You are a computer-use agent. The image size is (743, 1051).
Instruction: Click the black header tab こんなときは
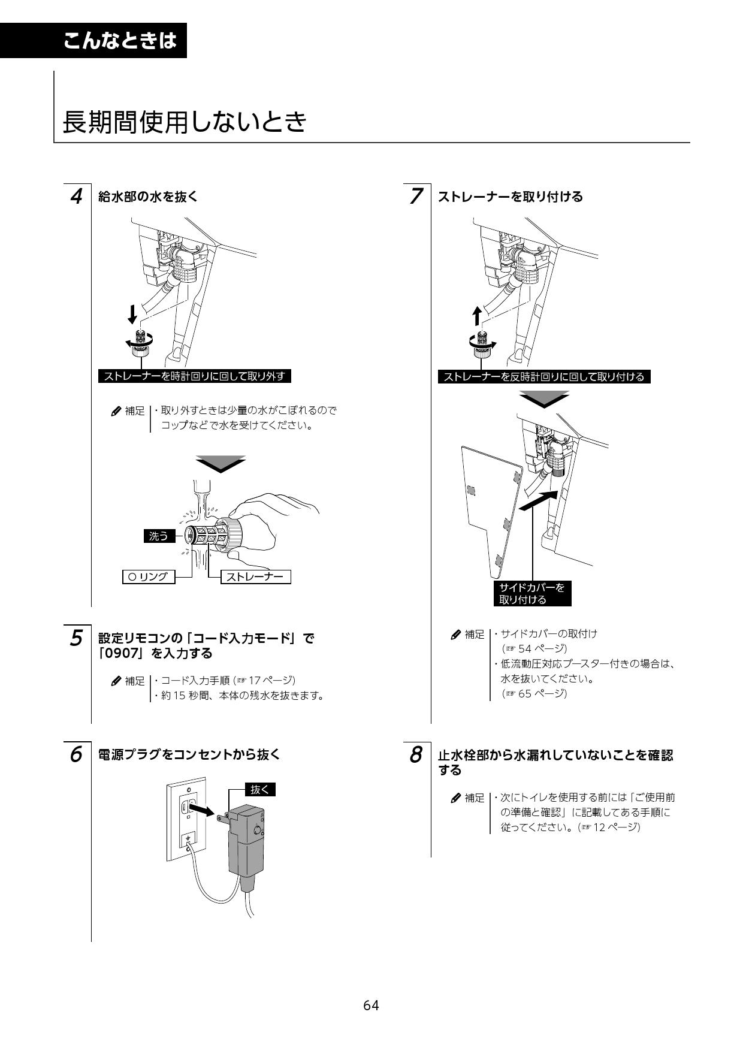click(x=120, y=41)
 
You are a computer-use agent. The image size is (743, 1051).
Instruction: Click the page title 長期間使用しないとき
click(x=185, y=122)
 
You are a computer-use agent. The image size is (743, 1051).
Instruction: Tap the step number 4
click(x=76, y=197)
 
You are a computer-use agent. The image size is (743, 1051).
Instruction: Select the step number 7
click(x=416, y=197)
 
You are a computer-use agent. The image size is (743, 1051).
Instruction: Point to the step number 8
click(x=416, y=755)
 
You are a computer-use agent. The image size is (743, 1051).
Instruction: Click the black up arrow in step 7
click(x=477, y=315)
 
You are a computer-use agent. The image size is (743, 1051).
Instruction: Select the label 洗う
click(x=159, y=536)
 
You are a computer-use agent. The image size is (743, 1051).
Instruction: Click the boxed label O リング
click(x=148, y=577)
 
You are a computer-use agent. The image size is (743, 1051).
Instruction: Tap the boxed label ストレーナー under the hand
click(x=256, y=577)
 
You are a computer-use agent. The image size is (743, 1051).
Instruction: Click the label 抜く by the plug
click(x=259, y=790)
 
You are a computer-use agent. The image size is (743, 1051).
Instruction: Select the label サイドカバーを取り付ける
click(x=531, y=593)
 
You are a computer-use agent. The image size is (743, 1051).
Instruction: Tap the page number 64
click(x=371, y=1005)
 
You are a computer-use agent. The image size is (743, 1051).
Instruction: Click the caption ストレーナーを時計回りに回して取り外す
click(x=194, y=376)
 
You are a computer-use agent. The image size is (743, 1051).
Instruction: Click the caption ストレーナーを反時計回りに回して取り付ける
click(x=543, y=376)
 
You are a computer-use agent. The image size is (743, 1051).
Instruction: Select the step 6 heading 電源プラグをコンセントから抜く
click(x=189, y=754)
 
